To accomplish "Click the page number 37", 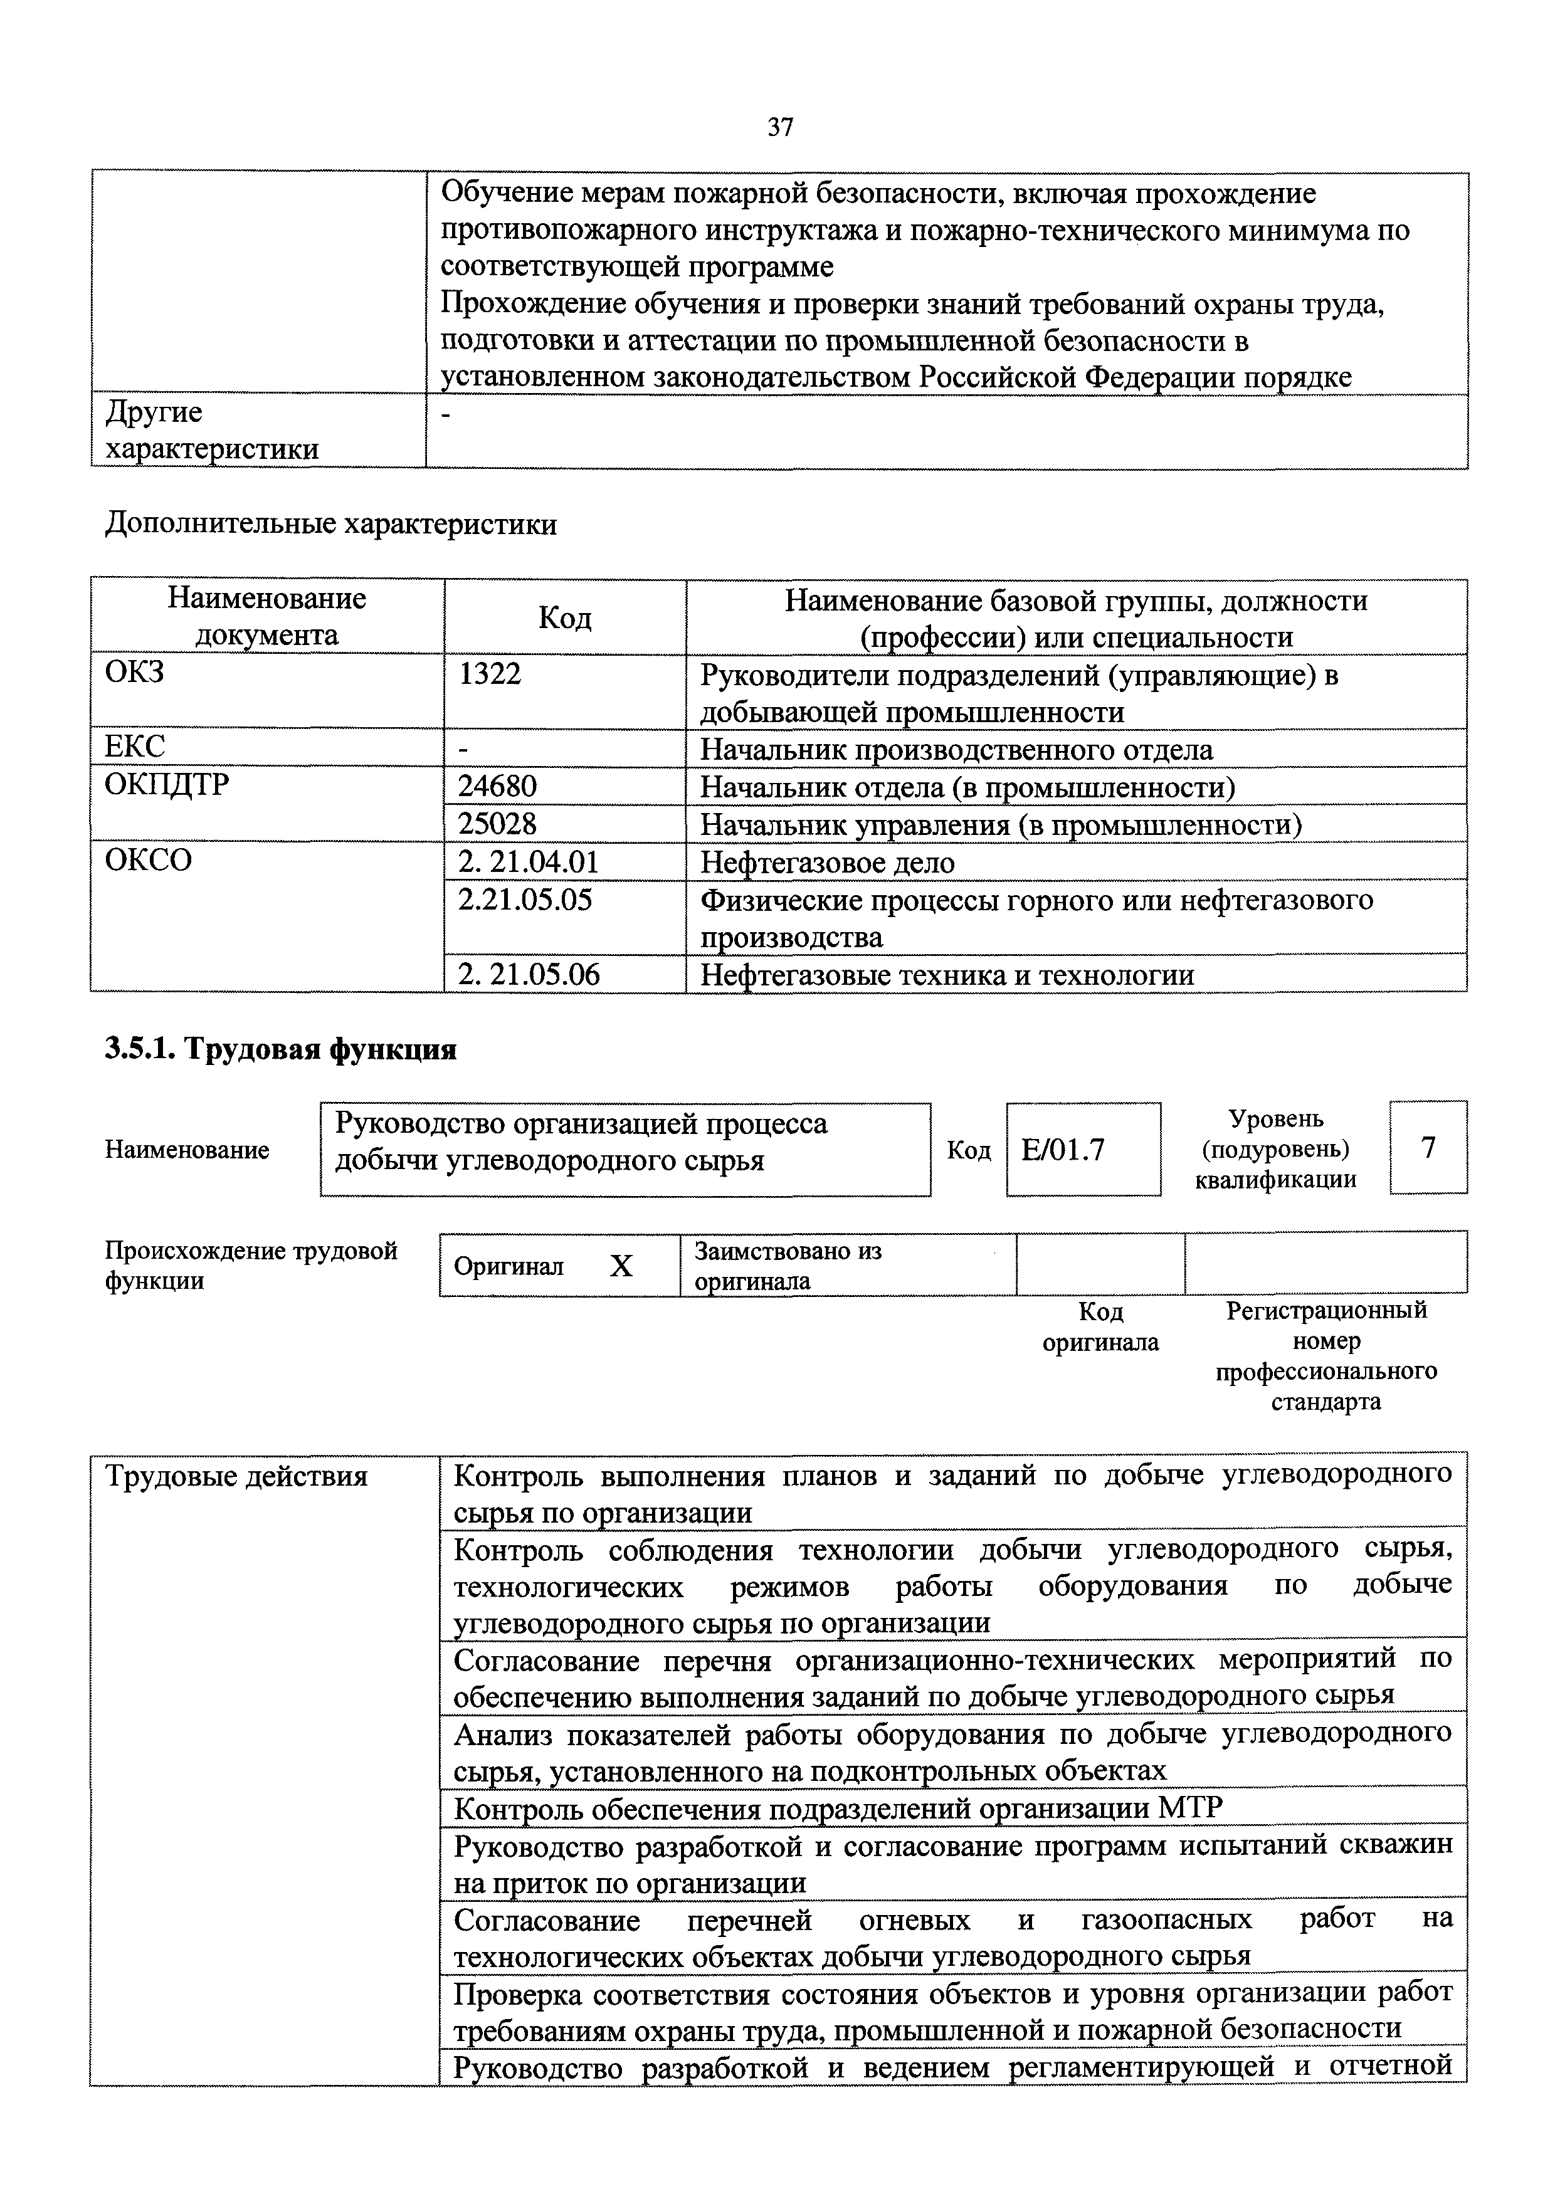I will (x=780, y=127).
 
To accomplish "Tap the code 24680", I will (x=497, y=786).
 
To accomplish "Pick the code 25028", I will (x=497, y=824).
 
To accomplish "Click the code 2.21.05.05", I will (x=525, y=900).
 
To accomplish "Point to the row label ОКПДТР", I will (x=167, y=784).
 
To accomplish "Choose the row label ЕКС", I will (x=135, y=747).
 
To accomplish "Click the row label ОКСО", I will (x=149, y=860).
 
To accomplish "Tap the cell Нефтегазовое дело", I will (x=828, y=862).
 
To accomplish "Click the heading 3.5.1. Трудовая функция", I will (x=281, y=1050).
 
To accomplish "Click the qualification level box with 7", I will (x=1428, y=1147).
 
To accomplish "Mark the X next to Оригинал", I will (x=621, y=1266).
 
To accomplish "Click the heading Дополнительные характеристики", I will (x=330, y=524).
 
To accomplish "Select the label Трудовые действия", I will (x=236, y=1476).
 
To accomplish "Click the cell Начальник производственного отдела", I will (x=956, y=749).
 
